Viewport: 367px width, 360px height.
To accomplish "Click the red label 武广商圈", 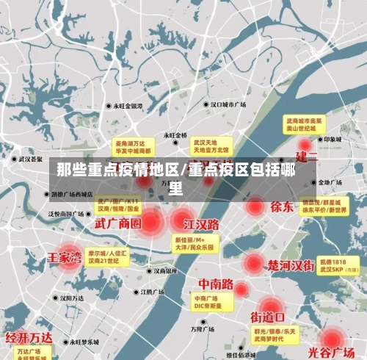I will (x=117, y=223).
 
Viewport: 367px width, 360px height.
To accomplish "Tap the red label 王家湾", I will (x=63, y=258).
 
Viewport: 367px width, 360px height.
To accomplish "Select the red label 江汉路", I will (x=202, y=223).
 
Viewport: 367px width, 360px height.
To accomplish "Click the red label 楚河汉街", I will (x=291, y=263).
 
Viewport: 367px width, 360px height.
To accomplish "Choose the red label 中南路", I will (x=216, y=284).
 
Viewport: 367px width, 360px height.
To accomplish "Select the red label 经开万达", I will (x=29, y=337).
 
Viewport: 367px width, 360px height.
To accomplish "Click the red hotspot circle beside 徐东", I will (x=255, y=206).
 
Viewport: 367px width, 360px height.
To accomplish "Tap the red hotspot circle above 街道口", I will (x=269, y=303).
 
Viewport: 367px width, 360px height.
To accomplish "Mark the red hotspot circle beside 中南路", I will (x=240, y=288).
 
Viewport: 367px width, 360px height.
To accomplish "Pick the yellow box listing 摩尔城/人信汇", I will (x=107, y=256).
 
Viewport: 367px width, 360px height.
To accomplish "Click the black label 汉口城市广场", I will (x=228, y=104).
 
